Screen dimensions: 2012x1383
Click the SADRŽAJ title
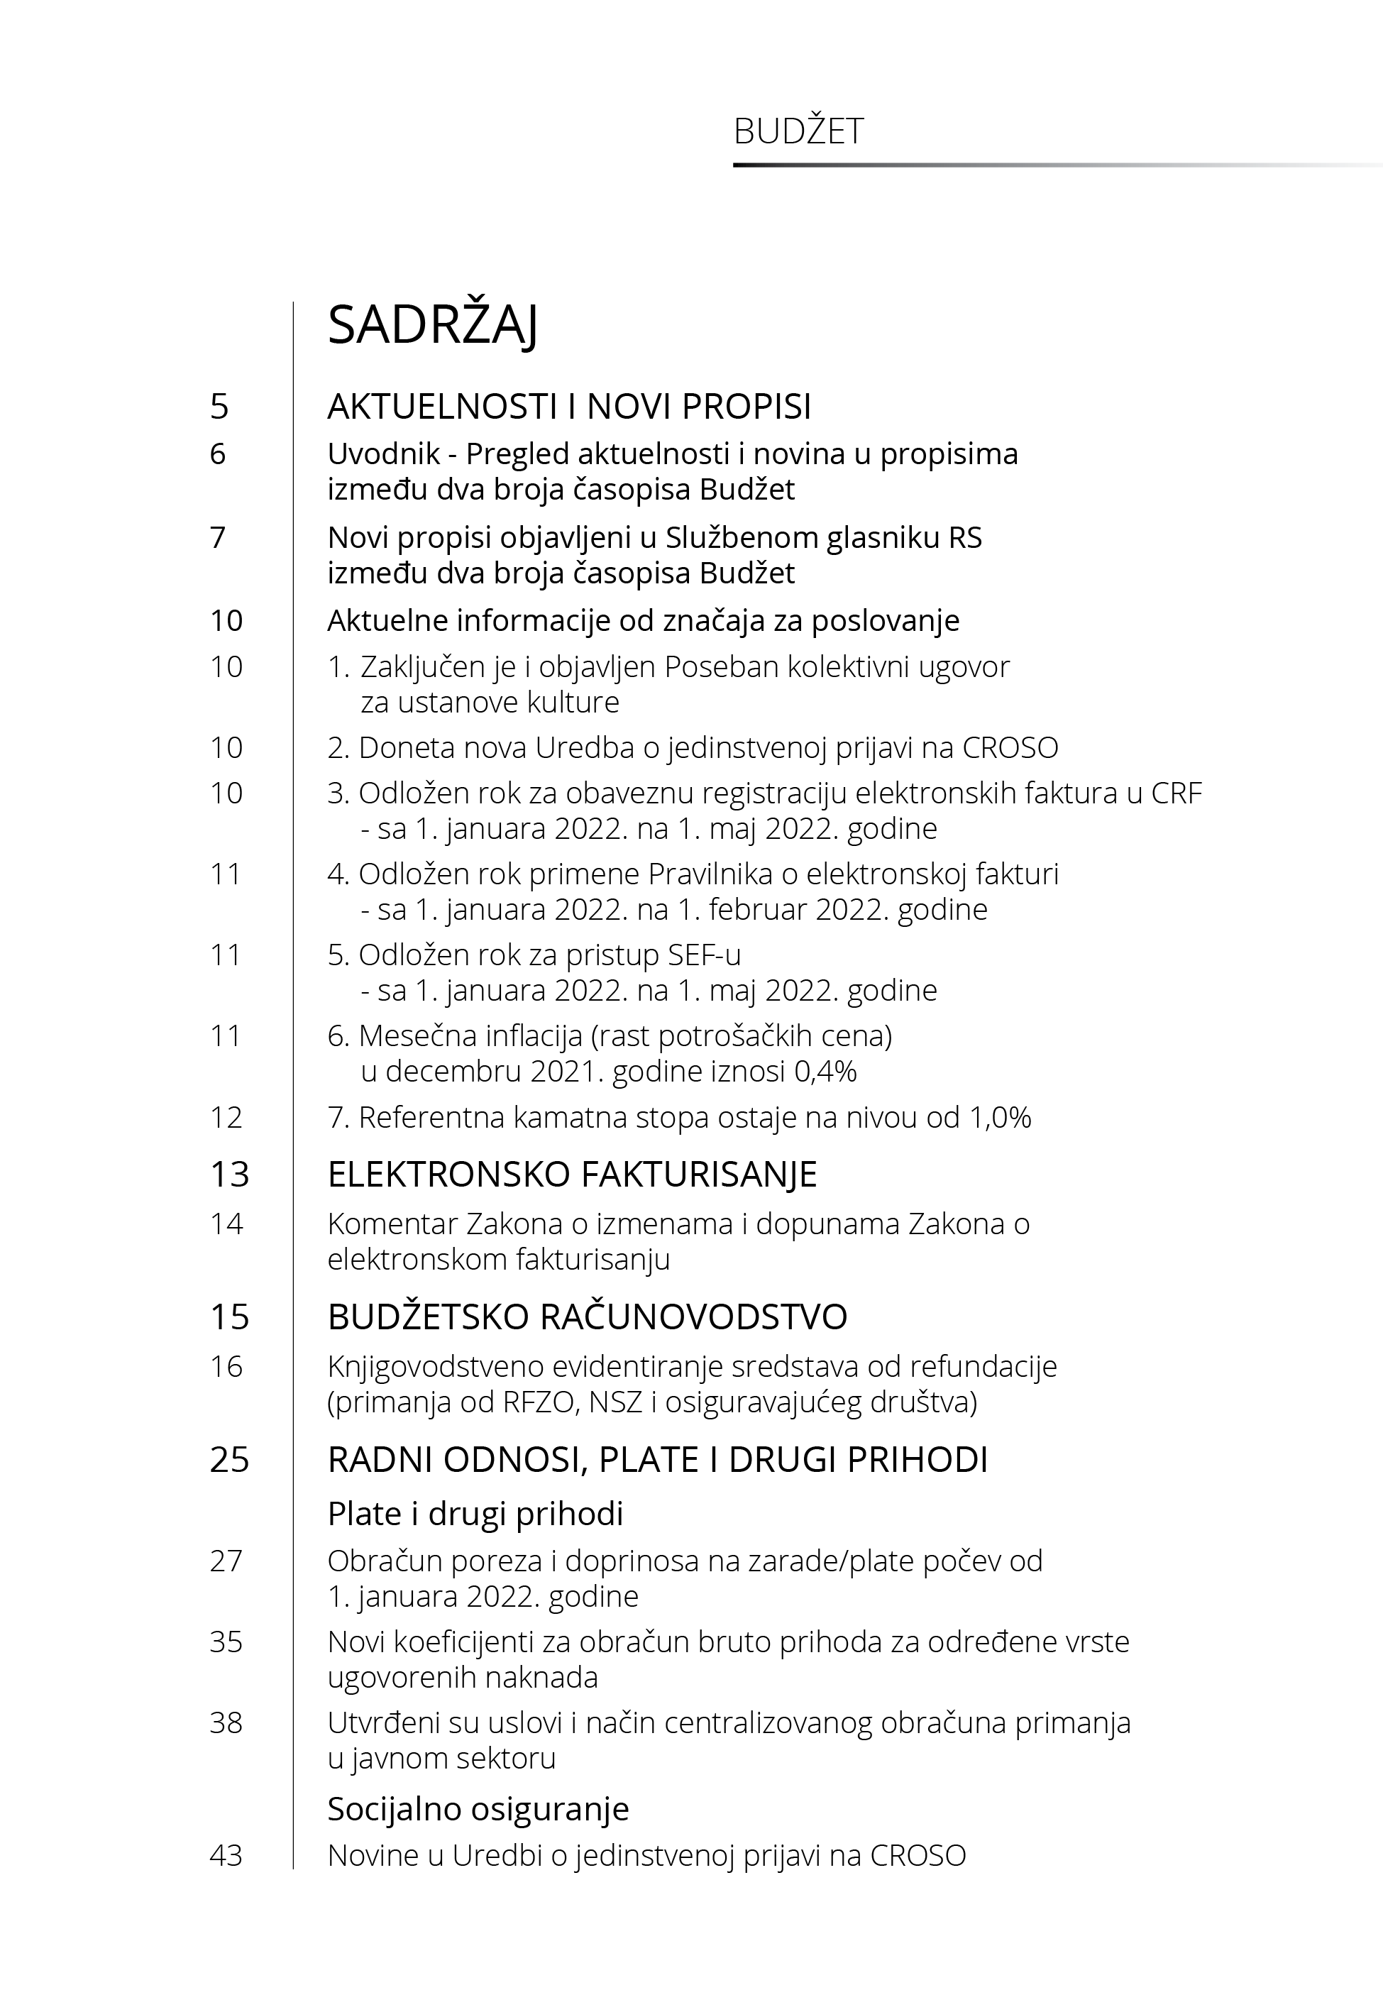(432, 326)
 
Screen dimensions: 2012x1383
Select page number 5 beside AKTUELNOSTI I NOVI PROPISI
(219, 407)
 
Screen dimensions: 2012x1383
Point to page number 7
(218, 537)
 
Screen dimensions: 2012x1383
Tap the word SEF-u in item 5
(704, 955)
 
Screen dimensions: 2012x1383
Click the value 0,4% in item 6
(825, 1072)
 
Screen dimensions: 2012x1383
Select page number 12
(226, 1118)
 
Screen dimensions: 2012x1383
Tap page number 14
(226, 1224)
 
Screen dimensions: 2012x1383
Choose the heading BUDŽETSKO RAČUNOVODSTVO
(587, 1317)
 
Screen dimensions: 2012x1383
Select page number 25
(228, 1460)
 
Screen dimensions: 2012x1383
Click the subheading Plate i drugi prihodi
(475, 1514)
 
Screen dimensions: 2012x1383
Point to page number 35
(226, 1642)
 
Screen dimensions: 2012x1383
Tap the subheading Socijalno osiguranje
(478, 1808)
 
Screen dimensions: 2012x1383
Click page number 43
(226, 1855)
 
